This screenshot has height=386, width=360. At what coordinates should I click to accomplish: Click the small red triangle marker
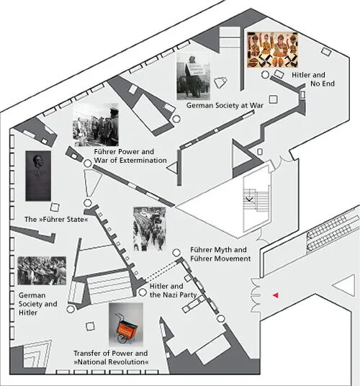(x=276, y=295)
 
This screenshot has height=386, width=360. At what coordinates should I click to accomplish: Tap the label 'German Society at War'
(x=225, y=106)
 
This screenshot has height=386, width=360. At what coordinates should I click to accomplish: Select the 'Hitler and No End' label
(x=313, y=79)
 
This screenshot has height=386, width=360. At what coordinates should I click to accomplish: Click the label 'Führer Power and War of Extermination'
(x=130, y=156)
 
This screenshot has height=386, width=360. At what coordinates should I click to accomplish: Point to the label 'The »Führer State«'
(x=56, y=220)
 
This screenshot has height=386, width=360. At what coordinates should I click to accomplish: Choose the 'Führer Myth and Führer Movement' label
(x=220, y=254)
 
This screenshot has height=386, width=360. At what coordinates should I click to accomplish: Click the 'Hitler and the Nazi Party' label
(x=174, y=290)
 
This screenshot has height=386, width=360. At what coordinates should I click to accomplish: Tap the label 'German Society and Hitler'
(x=38, y=304)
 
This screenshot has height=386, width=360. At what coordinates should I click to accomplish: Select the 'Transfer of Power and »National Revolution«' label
(x=111, y=357)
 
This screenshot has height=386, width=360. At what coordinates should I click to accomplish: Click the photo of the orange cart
(x=126, y=325)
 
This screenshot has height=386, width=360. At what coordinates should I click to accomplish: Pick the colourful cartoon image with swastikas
(x=272, y=50)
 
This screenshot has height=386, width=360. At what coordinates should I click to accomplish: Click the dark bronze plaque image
(x=38, y=176)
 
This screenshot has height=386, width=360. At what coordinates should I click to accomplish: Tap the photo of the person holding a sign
(x=194, y=76)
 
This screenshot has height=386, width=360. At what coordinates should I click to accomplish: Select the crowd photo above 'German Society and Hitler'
(x=42, y=271)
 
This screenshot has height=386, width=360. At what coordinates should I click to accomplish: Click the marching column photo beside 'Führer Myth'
(x=149, y=229)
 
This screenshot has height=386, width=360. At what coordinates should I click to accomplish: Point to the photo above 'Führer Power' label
(x=96, y=125)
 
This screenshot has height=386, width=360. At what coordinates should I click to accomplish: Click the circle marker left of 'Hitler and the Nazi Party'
(x=143, y=292)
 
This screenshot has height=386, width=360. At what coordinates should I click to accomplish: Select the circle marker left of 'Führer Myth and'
(x=176, y=252)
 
